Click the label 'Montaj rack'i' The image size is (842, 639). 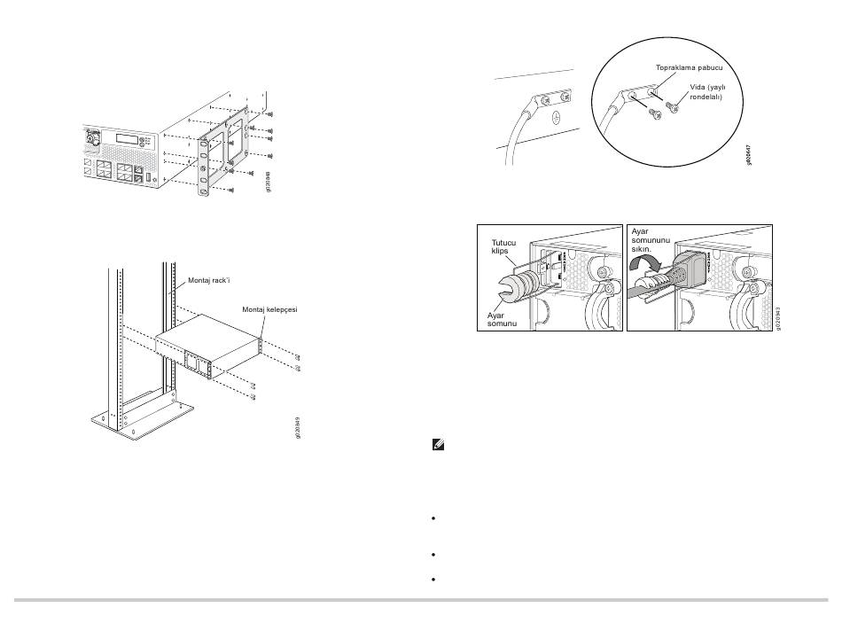pyautogui.click(x=209, y=280)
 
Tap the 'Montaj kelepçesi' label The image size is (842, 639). pyautogui.click(x=269, y=310)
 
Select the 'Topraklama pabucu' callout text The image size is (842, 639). pyautogui.click(x=689, y=67)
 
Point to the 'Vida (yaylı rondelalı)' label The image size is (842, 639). pyautogui.click(x=707, y=92)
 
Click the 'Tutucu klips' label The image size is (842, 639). pyautogui.click(x=503, y=246)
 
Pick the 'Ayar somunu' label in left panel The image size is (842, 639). pyautogui.click(x=502, y=319)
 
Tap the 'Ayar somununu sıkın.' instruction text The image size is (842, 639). pyautogui.click(x=651, y=240)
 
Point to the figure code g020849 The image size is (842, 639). pyautogui.click(x=298, y=427)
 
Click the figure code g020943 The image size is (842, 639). pyautogui.click(x=777, y=318)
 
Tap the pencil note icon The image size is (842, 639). pyautogui.click(x=438, y=445)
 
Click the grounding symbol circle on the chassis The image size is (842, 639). pyautogui.click(x=557, y=115)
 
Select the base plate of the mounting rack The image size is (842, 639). pyautogui.click(x=143, y=420)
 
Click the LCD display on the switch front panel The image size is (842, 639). pyautogui.click(x=128, y=138)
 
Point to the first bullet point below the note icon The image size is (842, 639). pyautogui.click(x=433, y=518)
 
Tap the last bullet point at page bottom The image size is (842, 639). pyautogui.click(x=433, y=580)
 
